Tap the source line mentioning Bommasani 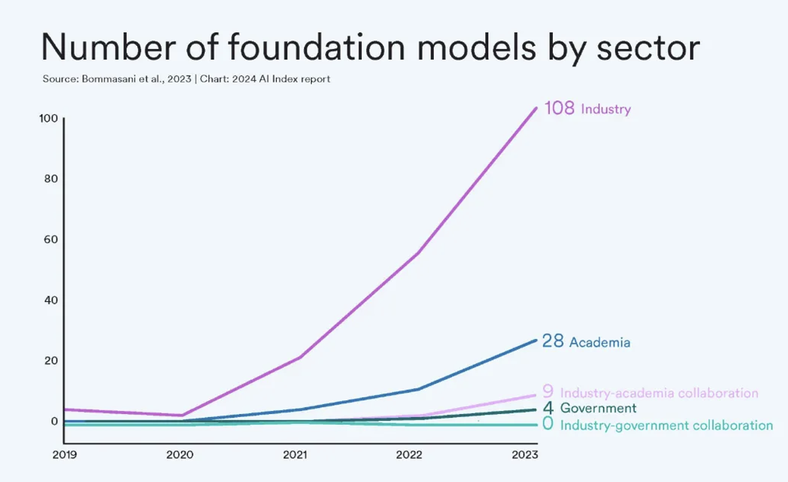(186, 79)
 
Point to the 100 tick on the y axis (48, 118)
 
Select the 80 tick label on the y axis (50, 179)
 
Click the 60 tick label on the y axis (50, 240)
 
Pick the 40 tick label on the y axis (50, 300)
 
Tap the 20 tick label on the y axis (50, 361)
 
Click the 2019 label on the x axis (65, 455)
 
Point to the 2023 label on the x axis (525, 455)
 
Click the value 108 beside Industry (559, 108)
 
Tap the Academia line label (599, 342)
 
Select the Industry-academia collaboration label (659, 393)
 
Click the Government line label (598, 409)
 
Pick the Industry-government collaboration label (666, 425)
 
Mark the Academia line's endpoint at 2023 (536, 340)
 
